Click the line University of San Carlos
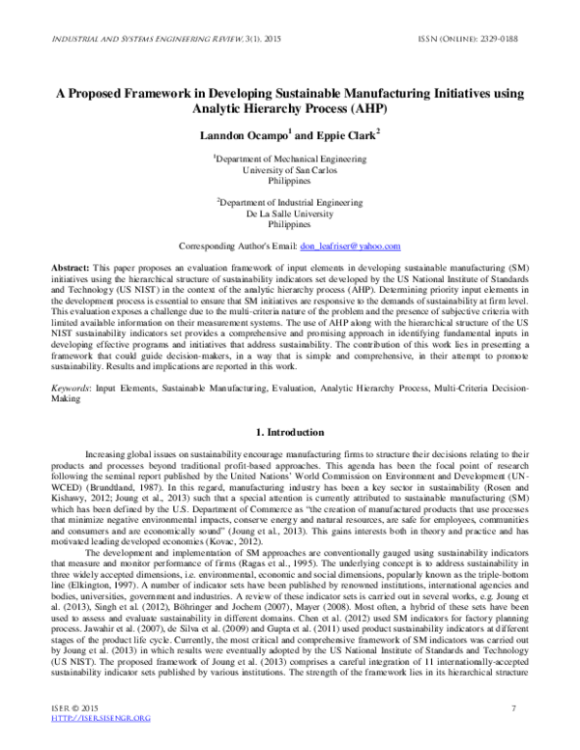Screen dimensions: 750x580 coord(289,169)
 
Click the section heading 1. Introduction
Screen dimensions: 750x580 coord(289,431)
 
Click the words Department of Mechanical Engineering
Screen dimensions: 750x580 coord(290,158)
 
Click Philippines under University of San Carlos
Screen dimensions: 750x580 coord(289,181)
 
